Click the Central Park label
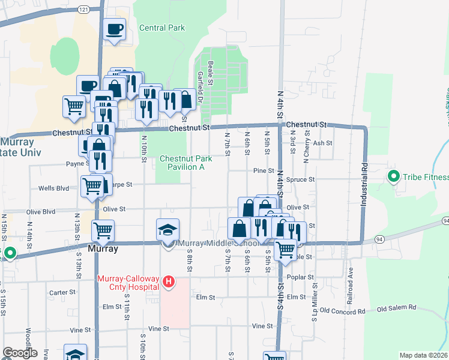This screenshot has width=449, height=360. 161,28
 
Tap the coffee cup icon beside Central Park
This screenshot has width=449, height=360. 114,29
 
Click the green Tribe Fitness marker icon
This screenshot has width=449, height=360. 394,176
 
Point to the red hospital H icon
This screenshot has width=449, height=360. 169,281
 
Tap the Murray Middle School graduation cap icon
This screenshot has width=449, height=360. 168,230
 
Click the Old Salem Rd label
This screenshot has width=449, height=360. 396,308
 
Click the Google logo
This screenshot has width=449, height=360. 20,353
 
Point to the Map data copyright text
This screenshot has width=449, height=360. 423,355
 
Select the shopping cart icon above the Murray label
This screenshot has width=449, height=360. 103,230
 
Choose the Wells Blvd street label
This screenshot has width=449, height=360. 54,188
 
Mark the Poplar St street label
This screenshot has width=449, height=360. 302,278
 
